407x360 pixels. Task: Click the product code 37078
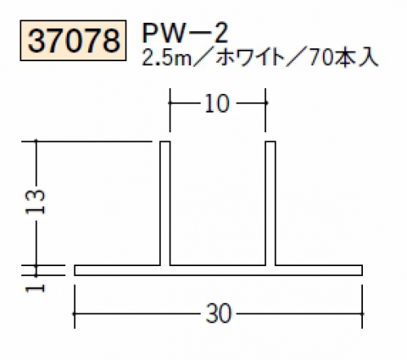click(73, 41)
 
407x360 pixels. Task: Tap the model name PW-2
click(185, 33)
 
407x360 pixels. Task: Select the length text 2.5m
click(166, 58)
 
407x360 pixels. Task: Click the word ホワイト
click(250, 58)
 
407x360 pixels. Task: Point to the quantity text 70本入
click(343, 58)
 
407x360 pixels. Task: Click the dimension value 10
click(217, 104)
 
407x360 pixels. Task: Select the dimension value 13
click(35, 202)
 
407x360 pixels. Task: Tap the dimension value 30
click(218, 313)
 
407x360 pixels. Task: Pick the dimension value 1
click(35, 288)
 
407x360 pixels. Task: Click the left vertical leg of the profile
click(165, 203)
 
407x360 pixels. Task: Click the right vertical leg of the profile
click(270, 203)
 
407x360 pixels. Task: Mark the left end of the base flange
click(74, 270)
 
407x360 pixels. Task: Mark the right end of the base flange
click(362, 270)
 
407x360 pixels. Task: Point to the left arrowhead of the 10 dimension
click(170, 103)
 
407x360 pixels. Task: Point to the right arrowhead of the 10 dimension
click(265, 103)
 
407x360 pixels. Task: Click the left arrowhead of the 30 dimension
click(75, 313)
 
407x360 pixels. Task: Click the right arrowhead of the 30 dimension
click(361, 313)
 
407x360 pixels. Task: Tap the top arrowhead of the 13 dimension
click(36, 141)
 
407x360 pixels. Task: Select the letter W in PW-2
click(175, 33)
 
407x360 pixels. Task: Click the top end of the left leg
click(165, 141)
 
